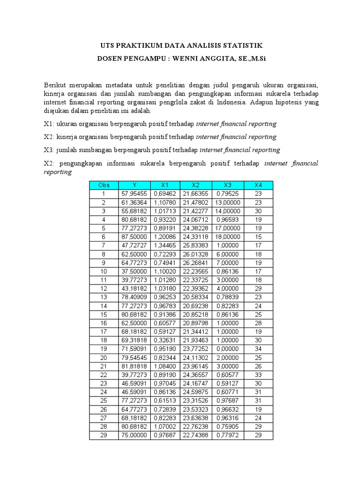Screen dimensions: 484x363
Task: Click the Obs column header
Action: (104, 185)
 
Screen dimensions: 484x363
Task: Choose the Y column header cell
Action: (134, 185)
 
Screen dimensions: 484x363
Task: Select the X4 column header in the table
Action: (258, 185)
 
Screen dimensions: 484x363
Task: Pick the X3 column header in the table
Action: (227, 185)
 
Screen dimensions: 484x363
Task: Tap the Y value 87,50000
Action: (134, 236)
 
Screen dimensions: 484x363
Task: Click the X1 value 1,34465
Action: (165, 245)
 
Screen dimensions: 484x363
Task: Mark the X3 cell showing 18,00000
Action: (227, 236)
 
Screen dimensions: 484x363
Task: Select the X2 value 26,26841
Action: (196, 262)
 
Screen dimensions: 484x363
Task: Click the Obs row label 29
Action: (104, 435)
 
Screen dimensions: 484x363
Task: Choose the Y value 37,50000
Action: (134, 270)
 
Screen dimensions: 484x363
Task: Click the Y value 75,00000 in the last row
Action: (134, 435)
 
